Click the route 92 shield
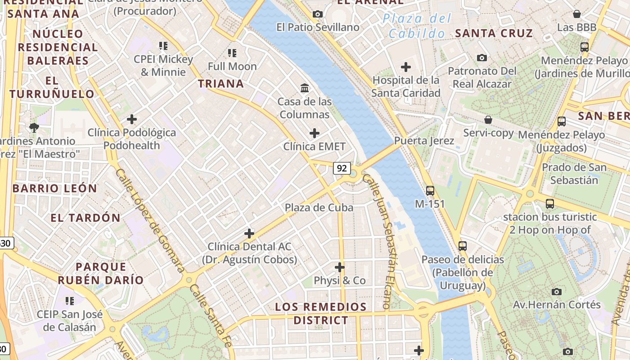[342, 168]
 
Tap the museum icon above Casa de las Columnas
[305, 88]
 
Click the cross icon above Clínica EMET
[315, 133]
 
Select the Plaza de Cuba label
[319, 207]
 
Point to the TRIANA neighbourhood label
[221, 84]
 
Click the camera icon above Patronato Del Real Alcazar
[482, 58]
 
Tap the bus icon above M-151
[430, 190]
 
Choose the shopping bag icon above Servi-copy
[488, 120]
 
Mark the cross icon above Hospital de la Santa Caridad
[406, 67]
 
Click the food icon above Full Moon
[232, 53]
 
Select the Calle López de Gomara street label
[150, 220]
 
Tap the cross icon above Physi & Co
[340, 267]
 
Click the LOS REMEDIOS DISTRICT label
[320, 314]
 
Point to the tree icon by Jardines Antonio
[34, 128]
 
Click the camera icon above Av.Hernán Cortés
[557, 292]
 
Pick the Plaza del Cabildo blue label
[417, 26]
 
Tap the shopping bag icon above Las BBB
[576, 14]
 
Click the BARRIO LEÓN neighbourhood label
[54, 189]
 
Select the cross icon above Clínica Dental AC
[249, 233]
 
